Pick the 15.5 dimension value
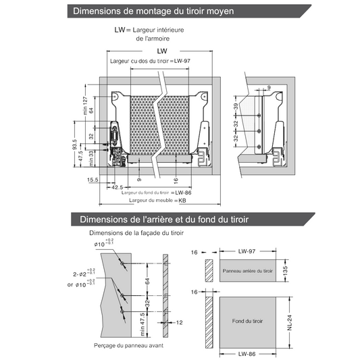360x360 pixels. [93, 180]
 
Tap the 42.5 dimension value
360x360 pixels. [118, 187]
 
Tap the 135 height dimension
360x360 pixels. [285, 270]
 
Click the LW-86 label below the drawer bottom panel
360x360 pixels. [249, 353]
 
